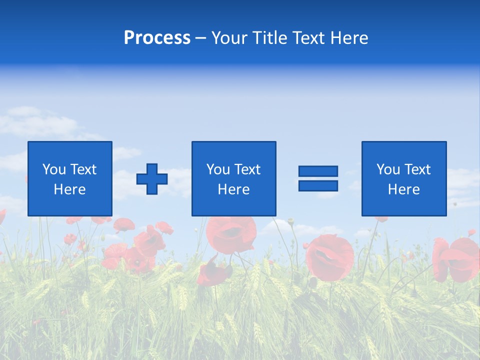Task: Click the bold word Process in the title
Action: click(x=157, y=38)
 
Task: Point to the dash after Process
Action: click(x=201, y=39)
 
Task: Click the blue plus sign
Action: click(x=152, y=179)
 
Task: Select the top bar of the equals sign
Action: click(x=318, y=171)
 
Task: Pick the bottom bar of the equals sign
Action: click(x=318, y=185)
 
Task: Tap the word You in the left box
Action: click(x=54, y=169)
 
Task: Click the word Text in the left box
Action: click(x=82, y=169)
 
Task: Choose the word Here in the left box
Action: click(x=70, y=189)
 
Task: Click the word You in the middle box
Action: click(x=218, y=169)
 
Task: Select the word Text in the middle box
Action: click(x=246, y=169)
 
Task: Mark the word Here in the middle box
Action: click(x=234, y=189)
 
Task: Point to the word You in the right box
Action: click(x=388, y=169)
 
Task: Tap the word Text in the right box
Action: click(x=416, y=169)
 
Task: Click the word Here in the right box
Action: click(x=404, y=189)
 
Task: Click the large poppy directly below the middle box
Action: click(x=231, y=233)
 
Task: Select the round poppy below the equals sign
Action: click(x=329, y=256)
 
